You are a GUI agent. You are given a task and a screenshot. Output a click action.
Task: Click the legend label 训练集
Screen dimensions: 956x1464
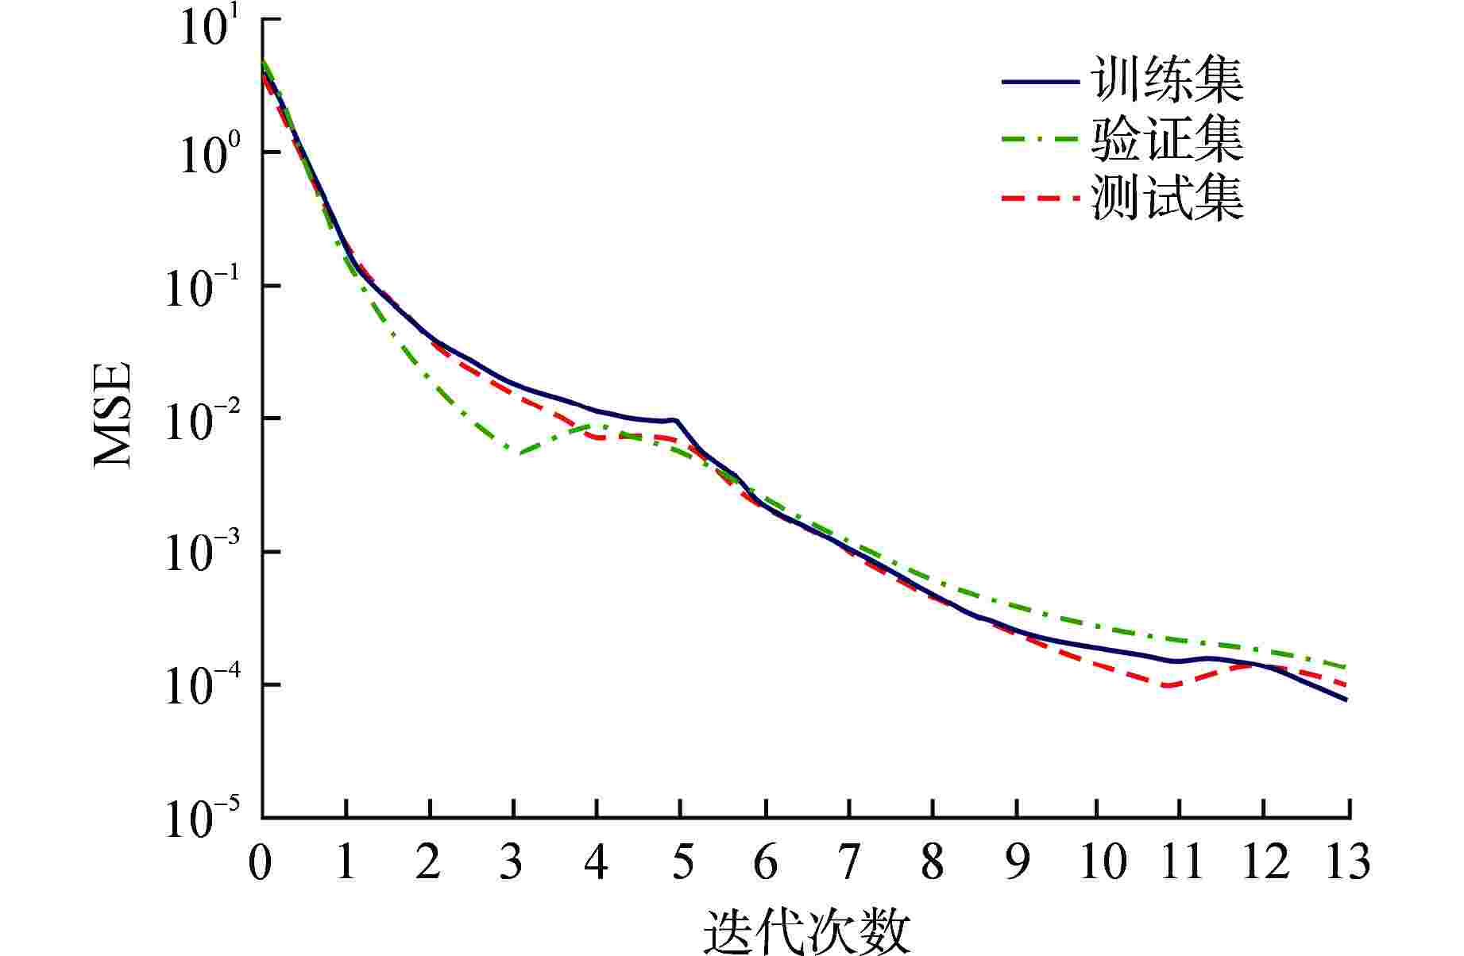pos(1167,81)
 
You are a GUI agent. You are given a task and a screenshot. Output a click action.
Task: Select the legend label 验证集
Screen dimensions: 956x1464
pos(1167,140)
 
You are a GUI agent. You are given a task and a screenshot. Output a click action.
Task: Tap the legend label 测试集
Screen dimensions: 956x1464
pos(1167,199)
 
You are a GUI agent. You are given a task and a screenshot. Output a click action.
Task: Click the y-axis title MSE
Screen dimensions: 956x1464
pos(113,415)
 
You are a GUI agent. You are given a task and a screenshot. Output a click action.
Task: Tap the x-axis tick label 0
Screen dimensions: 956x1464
pos(261,862)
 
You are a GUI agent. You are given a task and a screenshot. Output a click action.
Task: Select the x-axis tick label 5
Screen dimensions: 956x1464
pos(681,862)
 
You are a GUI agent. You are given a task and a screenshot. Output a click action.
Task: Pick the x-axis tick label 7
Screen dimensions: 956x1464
pos(848,862)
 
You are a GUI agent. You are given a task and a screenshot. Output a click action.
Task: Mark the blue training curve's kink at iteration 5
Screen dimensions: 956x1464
pos(676,420)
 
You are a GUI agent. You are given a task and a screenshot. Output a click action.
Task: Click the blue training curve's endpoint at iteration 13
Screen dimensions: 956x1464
pos(1347,700)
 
